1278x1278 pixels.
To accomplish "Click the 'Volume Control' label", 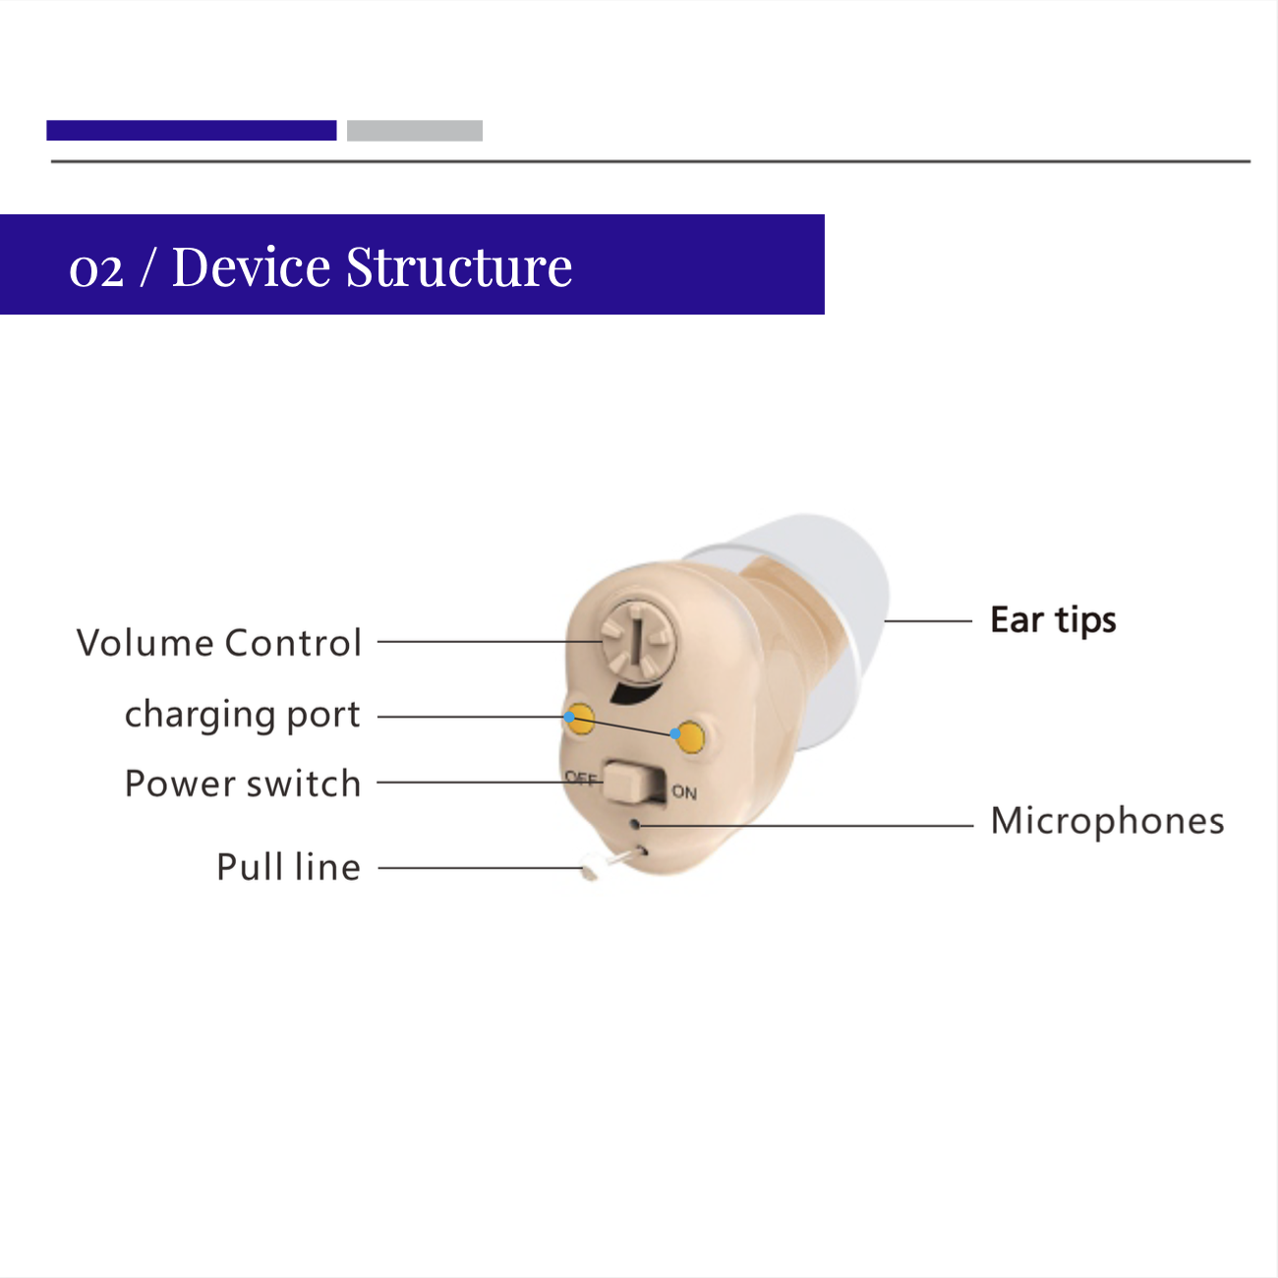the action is [219, 643].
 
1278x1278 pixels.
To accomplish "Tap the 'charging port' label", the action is [243, 715].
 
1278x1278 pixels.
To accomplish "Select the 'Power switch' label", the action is [243, 784].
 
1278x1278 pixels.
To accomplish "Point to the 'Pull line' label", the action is [289, 866].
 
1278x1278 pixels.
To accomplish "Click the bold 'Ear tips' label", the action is [1053, 620].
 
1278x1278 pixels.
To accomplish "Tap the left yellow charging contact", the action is [580, 719].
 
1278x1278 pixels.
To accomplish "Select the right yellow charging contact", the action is [690, 737].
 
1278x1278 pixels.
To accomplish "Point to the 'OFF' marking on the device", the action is [581, 778].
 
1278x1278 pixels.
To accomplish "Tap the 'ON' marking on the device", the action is [684, 792].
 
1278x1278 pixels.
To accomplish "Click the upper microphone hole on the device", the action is [635, 825].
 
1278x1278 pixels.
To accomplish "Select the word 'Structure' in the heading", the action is [459, 267].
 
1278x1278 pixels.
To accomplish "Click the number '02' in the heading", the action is [96, 270].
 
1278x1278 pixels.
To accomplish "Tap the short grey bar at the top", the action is [415, 131].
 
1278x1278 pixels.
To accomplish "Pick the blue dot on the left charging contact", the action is [569, 717].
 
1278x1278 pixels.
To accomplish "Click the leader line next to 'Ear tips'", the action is [928, 621].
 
